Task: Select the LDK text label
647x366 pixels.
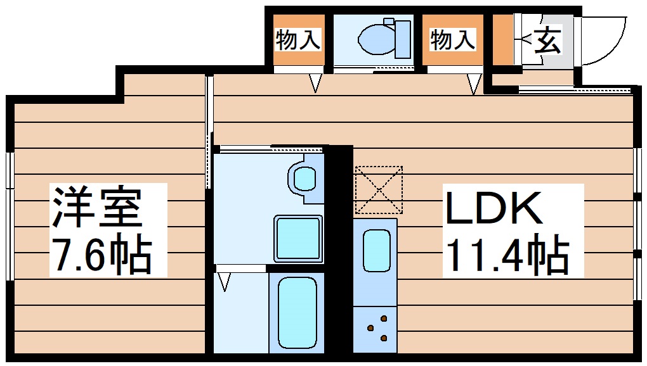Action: point(494,208)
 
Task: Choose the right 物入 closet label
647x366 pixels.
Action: point(453,40)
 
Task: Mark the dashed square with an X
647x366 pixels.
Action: point(379,190)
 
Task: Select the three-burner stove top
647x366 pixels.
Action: point(376,329)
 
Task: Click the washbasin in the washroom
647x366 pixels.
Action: point(304,177)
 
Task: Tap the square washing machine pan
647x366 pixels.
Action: point(298,238)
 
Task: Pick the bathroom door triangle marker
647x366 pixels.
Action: point(224,281)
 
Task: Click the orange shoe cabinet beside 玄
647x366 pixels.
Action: point(503,41)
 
